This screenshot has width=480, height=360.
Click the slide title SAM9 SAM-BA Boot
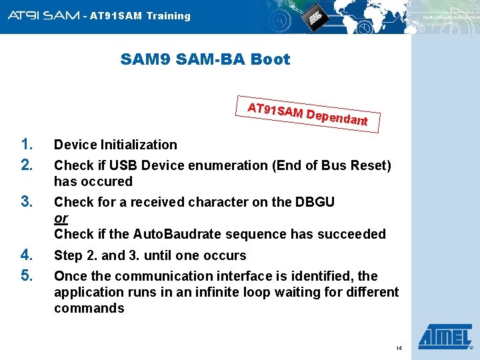[x=205, y=59]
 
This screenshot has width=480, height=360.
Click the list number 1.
[x=27, y=144]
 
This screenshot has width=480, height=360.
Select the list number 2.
[x=27, y=165]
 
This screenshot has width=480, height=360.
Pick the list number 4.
[x=27, y=255]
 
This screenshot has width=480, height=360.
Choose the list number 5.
[x=27, y=275]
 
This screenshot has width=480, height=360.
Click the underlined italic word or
[x=61, y=219]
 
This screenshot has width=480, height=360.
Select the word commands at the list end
[x=89, y=308]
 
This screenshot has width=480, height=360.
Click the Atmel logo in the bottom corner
[x=444, y=337]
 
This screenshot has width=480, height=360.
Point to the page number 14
[x=399, y=349]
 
